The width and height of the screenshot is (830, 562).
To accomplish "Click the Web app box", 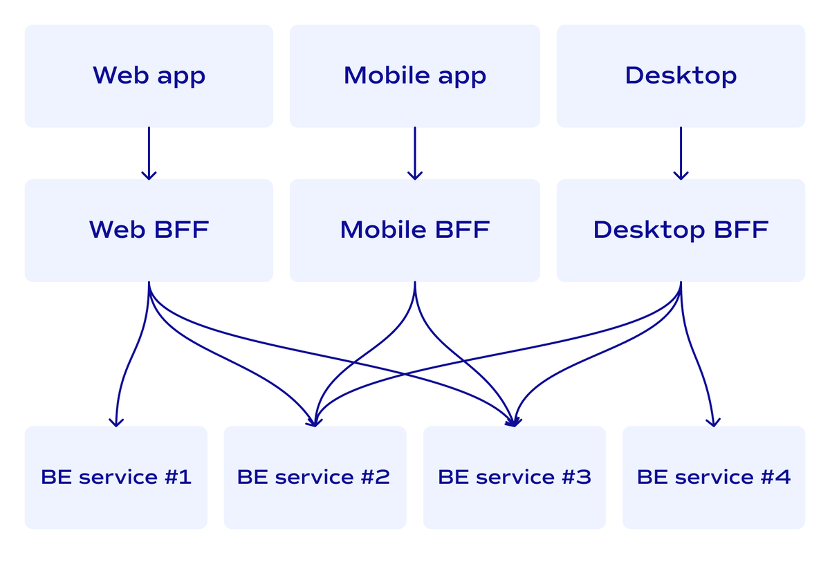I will pos(149,76).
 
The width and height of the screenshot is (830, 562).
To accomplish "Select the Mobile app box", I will pos(414,76).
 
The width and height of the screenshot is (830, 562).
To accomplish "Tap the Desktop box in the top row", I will pos(681,76).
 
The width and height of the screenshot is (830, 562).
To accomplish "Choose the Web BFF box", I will pos(149,230).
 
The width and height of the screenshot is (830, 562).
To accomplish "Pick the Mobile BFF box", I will pos(414,230).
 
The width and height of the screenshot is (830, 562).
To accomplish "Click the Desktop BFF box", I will pos(681,230).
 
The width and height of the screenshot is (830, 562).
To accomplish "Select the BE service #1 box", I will pos(116,477).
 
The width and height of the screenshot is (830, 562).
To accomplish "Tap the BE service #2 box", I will pos(315,477).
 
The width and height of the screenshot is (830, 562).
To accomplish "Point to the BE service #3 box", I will pos(514,477).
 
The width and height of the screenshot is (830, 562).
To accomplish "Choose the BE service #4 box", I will pos(713,477).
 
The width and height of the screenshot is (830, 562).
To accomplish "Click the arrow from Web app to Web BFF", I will pos(149,153).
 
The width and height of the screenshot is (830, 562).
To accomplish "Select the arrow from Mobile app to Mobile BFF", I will pos(415,153).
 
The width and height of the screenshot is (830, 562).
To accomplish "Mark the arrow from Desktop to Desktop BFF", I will pos(681,153).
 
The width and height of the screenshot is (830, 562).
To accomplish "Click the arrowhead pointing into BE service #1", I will pos(116,422).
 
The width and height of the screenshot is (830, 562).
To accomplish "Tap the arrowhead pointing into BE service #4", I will pos(713,422).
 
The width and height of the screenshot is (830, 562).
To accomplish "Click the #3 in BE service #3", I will pos(577,477).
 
